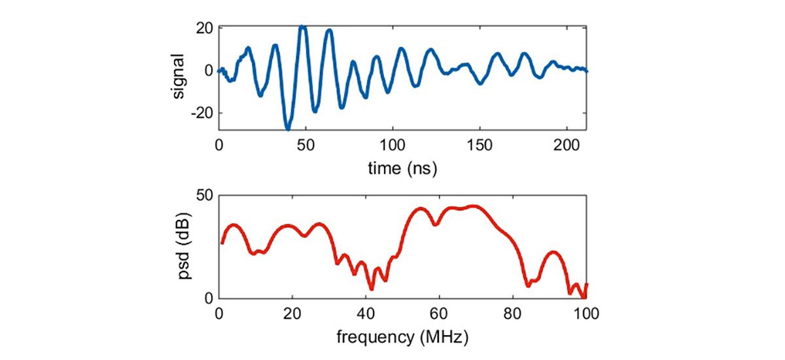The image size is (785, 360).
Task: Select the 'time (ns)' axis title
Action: (402, 168)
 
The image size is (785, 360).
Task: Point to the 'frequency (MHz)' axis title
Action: (402, 338)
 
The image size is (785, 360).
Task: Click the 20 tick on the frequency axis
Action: (292, 312)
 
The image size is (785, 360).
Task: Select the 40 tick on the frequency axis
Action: (366, 312)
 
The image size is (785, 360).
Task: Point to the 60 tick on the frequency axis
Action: (440, 312)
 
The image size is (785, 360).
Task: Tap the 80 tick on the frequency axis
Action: (514, 312)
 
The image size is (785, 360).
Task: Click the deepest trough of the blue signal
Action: (287, 128)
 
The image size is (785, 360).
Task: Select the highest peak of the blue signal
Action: (302, 27)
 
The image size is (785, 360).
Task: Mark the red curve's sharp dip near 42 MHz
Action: (372, 288)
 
